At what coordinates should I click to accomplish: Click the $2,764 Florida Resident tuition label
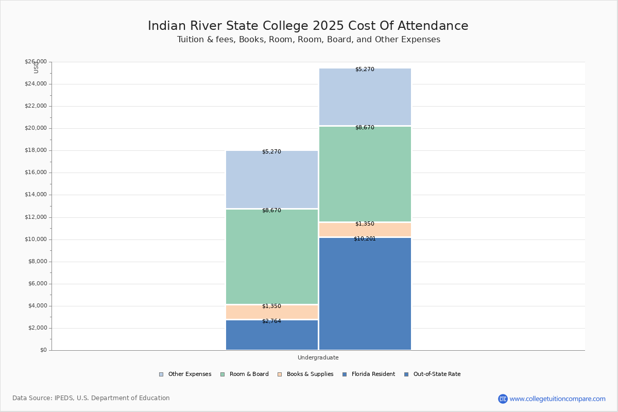point(271,321)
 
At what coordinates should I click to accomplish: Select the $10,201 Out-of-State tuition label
point(365,239)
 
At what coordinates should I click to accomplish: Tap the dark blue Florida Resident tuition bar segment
point(271,337)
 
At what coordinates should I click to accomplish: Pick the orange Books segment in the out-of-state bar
point(365,230)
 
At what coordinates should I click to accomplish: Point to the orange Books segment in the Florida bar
point(271,313)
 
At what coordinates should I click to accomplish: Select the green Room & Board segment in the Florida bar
point(271,257)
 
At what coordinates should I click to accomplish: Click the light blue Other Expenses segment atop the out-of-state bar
point(365,98)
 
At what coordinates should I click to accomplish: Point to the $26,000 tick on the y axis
point(36,62)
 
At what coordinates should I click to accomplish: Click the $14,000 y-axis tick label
point(36,195)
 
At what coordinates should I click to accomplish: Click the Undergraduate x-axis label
point(318,357)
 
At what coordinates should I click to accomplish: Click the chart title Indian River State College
point(308,26)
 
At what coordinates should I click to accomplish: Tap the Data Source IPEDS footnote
point(91,398)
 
